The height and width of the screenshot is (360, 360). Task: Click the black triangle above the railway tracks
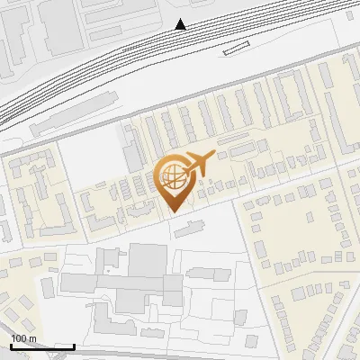pyautogui.click(x=182, y=24)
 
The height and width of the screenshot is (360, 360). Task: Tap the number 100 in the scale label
pyautogui.click(x=19, y=338)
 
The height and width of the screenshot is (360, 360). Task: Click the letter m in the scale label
pyautogui.click(x=31, y=338)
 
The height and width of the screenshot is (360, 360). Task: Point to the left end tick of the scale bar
pyautogui.click(x=11, y=346)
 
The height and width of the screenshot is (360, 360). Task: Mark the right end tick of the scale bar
pyautogui.click(x=74, y=346)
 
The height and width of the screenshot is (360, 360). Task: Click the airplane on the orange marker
pyautogui.click(x=199, y=162)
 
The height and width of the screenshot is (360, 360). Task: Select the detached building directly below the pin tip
pyautogui.click(x=189, y=230)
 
